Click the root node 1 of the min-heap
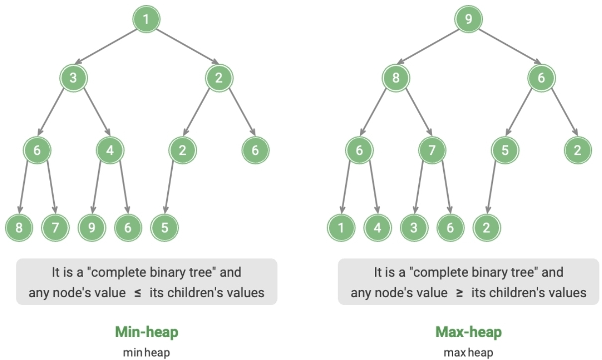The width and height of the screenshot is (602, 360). pyautogui.click(x=146, y=20)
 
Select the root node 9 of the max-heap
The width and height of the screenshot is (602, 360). pyautogui.click(x=468, y=20)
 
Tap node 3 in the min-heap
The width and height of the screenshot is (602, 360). pyautogui.click(x=73, y=78)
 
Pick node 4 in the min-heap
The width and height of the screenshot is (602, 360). pyautogui.click(x=110, y=150)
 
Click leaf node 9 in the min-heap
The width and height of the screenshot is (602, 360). pyautogui.click(x=92, y=228)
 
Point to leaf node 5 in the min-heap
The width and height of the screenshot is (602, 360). pyautogui.click(x=164, y=228)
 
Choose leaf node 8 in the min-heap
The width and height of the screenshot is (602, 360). pyautogui.click(x=19, y=228)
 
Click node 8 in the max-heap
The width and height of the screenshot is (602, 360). pyautogui.click(x=395, y=78)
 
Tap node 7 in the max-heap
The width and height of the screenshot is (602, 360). pyautogui.click(x=432, y=150)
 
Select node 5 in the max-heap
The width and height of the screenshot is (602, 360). pyautogui.click(x=505, y=150)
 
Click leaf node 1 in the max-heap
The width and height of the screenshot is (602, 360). pyautogui.click(x=341, y=228)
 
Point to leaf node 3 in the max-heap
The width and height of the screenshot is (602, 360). pyautogui.click(x=414, y=228)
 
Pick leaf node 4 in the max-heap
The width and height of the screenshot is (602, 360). pyautogui.click(x=377, y=228)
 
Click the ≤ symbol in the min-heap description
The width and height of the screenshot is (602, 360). pyautogui.click(x=137, y=293)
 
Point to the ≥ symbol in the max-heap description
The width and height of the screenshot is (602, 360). pyautogui.click(x=459, y=293)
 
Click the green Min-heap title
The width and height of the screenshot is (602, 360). pyautogui.click(x=146, y=332)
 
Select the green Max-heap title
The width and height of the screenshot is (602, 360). pyautogui.click(x=469, y=332)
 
